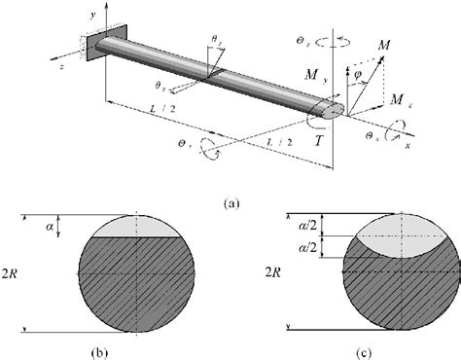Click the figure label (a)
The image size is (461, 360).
[x=230, y=202]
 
